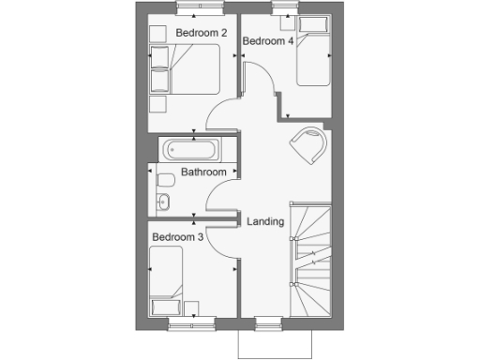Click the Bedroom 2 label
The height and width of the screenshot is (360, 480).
click(x=202, y=33)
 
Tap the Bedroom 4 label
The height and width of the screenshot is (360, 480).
click(x=268, y=41)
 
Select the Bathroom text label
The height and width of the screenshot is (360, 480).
click(x=203, y=172)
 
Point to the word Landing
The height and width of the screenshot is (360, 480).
click(x=265, y=221)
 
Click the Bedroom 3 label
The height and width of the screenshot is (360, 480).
click(x=177, y=238)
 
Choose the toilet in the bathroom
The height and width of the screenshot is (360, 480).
click(x=166, y=181)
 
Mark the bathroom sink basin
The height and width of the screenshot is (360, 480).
click(x=163, y=201)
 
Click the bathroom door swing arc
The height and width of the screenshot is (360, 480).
click(x=220, y=198)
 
